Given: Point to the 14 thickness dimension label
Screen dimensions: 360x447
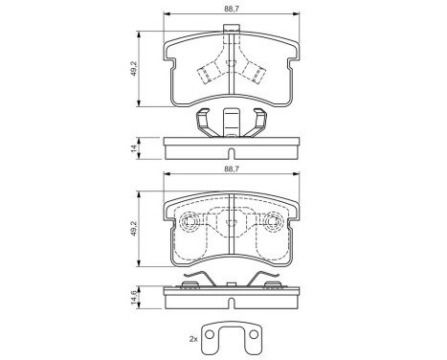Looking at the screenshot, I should [x=134, y=148].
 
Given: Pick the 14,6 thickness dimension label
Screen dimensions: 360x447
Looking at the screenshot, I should [x=134, y=298].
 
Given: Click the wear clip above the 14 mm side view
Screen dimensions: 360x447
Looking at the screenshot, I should [x=232, y=123].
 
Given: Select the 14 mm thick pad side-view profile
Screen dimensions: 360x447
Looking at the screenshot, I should [x=233, y=149].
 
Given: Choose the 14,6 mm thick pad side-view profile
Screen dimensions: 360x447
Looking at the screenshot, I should [x=233, y=298].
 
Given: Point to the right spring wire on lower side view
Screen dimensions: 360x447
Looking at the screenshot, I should [x=268, y=280].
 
